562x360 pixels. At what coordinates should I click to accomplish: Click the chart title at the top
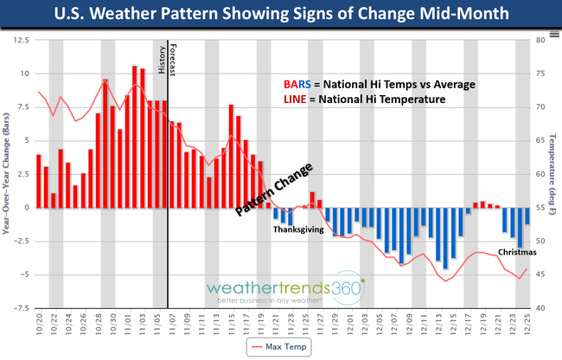click(x=280, y=16)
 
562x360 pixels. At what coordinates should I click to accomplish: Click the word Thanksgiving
click(x=298, y=230)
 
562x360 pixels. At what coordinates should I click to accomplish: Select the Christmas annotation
click(x=516, y=253)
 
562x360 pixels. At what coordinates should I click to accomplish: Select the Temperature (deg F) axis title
click(x=554, y=173)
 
